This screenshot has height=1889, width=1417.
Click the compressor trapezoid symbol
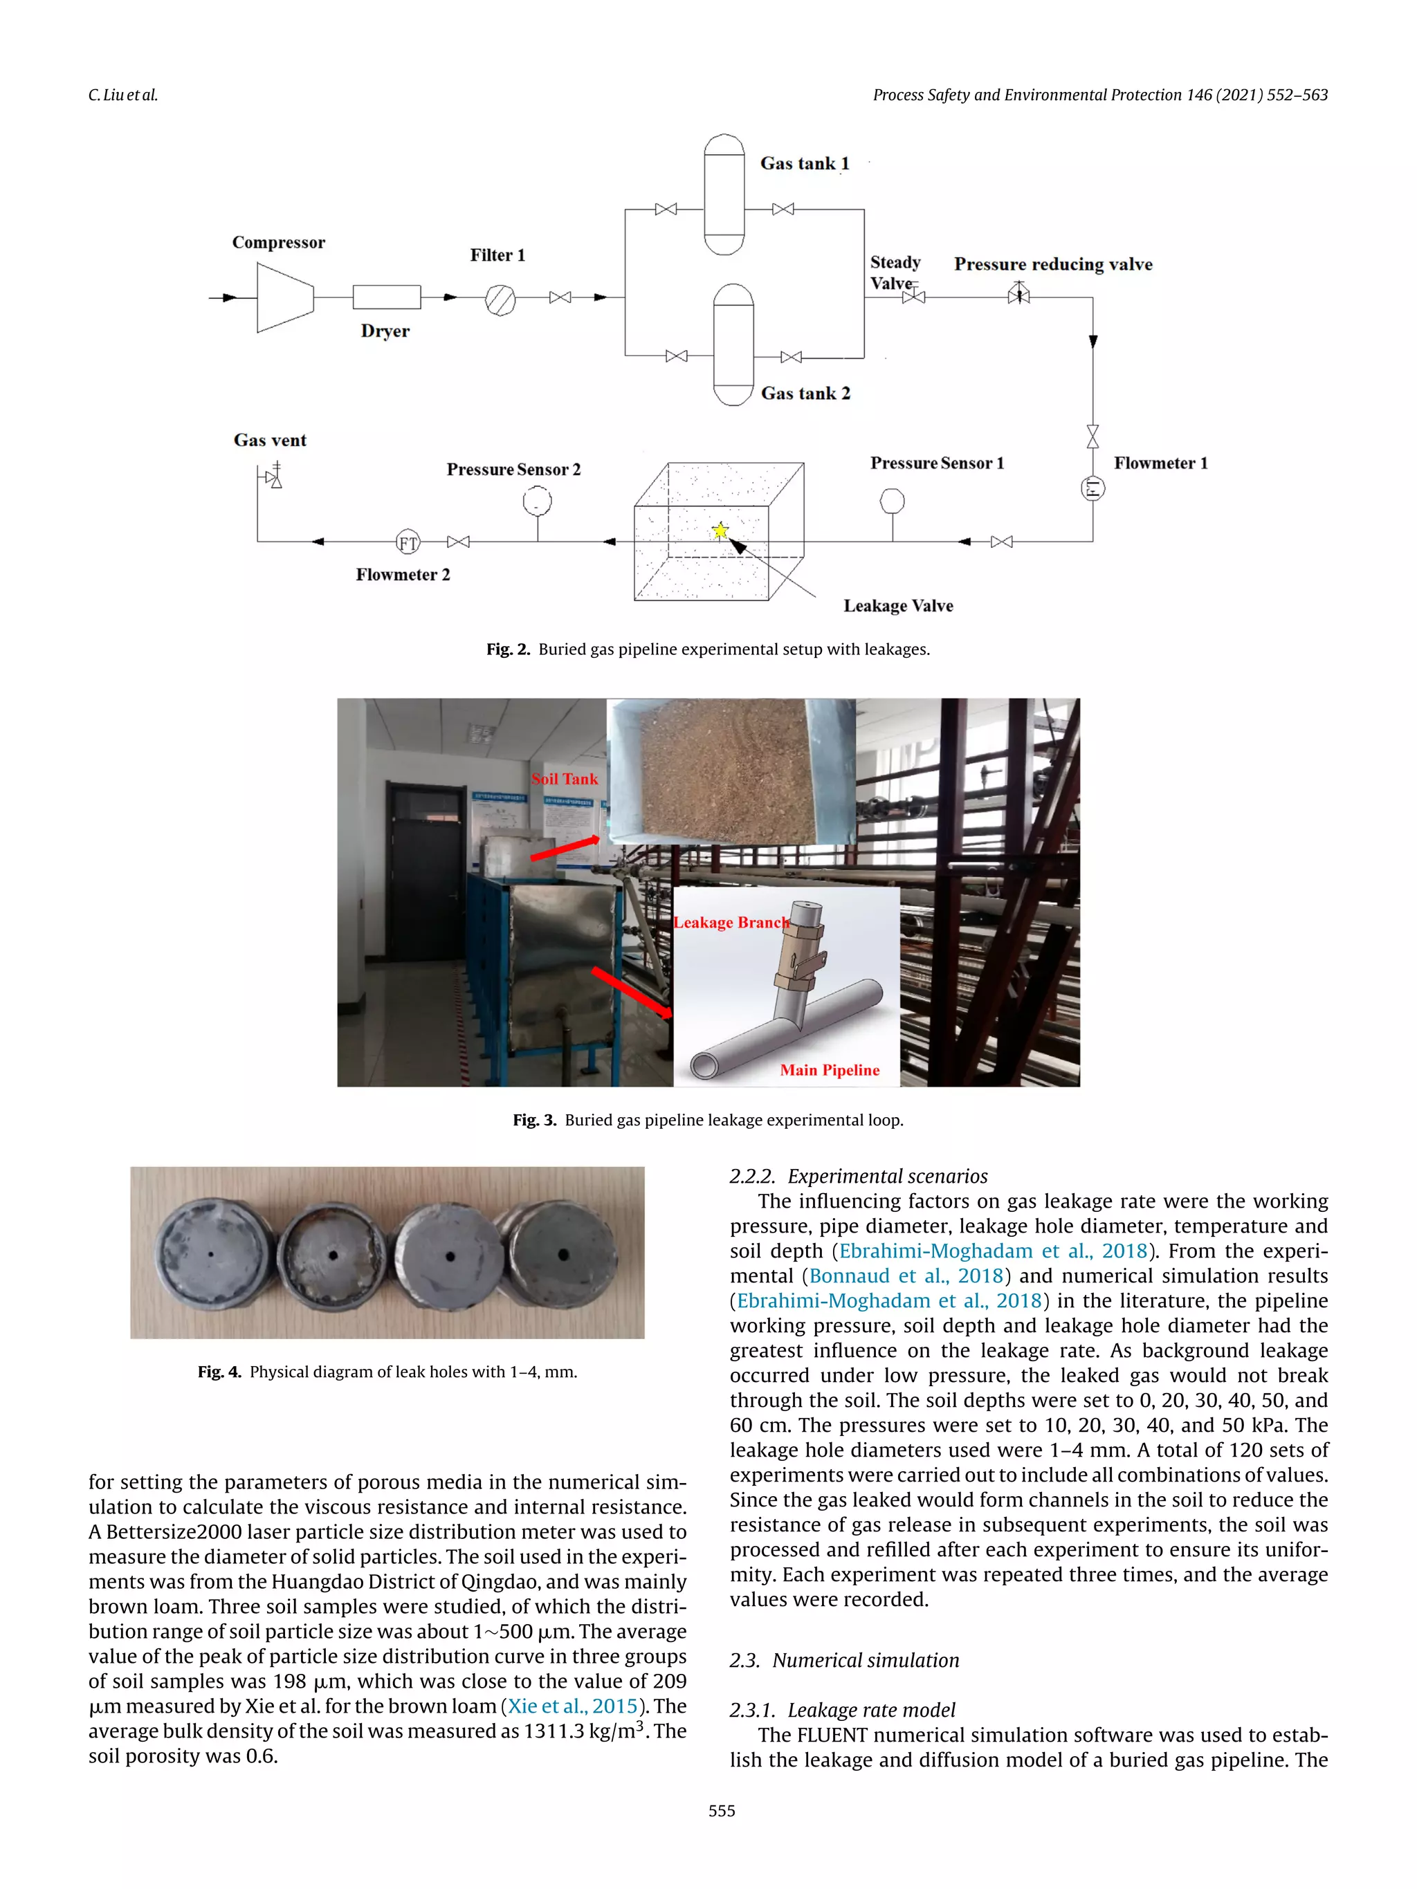click(x=284, y=297)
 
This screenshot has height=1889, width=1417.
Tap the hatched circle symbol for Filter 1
click(x=500, y=300)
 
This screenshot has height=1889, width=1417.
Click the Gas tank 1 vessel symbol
click(x=724, y=194)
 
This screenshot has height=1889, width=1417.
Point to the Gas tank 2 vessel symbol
click(x=733, y=344)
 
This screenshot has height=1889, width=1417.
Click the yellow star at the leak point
click(x=720, y=531)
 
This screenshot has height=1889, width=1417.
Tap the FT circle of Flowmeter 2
click(x=408, y=542)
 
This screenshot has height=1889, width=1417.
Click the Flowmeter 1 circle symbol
click(x=1093, y=488)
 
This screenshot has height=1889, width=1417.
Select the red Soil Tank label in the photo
click(x=565, y=779)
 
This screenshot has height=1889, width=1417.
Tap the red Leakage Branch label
click(x=731, y=922)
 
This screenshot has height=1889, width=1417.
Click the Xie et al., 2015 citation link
click(x=572, y=1706)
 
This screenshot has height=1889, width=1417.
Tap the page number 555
click(x=721, y=1810)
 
